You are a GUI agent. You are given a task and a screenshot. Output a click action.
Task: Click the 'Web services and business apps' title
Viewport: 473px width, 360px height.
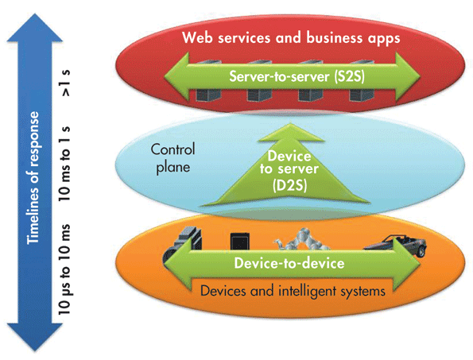291,38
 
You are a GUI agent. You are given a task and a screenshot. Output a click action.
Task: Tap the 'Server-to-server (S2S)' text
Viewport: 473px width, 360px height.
297,76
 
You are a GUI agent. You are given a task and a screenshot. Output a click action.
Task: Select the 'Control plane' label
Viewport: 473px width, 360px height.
173,159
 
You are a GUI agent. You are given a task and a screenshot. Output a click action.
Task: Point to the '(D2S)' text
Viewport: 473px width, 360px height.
289,186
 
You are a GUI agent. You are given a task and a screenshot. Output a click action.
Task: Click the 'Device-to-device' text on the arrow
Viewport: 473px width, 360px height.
289,263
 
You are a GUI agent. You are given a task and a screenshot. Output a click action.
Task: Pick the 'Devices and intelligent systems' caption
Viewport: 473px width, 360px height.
293,291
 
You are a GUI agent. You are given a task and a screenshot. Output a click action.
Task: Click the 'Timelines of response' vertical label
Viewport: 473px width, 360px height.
33,178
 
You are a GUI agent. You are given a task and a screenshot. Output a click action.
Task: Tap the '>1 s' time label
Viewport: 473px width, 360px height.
66,83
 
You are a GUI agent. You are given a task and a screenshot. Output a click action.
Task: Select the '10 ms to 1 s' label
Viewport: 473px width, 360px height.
65,164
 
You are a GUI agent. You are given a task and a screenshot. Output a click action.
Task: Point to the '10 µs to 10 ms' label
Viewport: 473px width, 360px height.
65,269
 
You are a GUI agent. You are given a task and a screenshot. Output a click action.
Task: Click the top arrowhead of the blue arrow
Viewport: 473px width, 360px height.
35,27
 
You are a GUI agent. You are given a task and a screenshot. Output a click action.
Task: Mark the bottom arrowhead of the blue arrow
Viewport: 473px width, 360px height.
35,338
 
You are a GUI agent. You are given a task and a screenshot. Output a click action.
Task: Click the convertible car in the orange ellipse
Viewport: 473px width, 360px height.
396,245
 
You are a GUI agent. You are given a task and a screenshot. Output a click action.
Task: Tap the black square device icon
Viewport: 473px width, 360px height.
240,242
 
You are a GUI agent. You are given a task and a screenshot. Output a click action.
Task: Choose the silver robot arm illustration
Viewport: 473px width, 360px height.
301,240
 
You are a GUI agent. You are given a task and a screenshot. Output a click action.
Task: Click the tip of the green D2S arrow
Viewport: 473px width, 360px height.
290,123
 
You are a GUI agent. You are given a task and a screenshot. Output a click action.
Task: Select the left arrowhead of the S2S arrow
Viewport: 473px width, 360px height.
176,76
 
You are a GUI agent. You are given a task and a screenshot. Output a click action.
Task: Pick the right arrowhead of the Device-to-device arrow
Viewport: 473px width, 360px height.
407,262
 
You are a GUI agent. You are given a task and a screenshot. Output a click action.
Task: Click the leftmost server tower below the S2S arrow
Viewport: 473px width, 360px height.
208,95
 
